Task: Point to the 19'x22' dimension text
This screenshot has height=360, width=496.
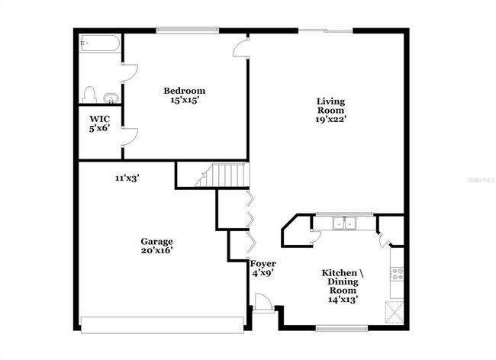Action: click(x=330, y=119)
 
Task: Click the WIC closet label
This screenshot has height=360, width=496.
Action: click(x=98, y=119)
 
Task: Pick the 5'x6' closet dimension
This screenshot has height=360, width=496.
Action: click(x=98, y=128)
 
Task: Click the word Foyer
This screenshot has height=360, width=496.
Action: click(x=263, y=263)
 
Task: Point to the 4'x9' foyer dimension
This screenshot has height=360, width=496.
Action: click(x=263, y=272)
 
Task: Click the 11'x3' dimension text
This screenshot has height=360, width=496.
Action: click(x=127, y=178)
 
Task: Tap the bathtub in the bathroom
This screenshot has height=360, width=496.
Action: click(x=99, y=44)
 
